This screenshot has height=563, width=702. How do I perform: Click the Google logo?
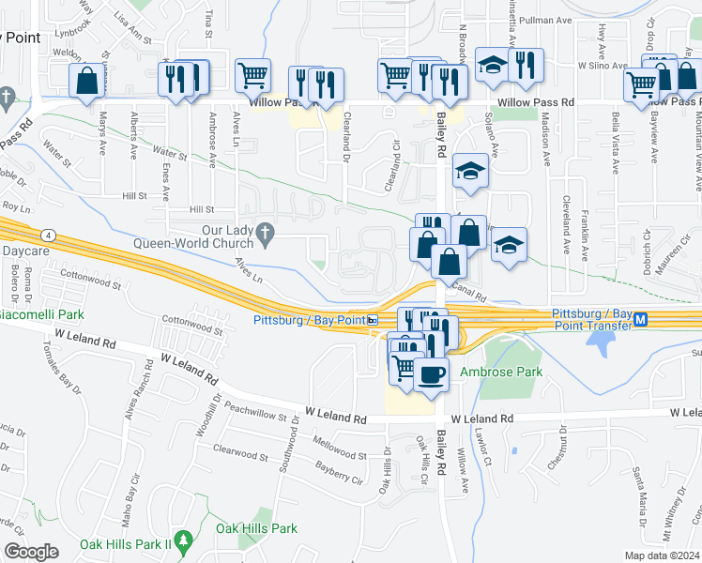(30, 551)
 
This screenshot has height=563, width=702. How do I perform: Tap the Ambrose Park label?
(501, 372)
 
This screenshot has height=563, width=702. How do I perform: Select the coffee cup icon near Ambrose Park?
(431, 374)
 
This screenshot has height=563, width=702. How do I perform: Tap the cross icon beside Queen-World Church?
(266, 231)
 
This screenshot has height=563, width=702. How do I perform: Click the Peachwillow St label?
(254, 413)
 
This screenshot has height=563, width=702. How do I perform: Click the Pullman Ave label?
(555, 19)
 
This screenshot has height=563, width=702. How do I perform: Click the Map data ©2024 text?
(662, 555)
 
